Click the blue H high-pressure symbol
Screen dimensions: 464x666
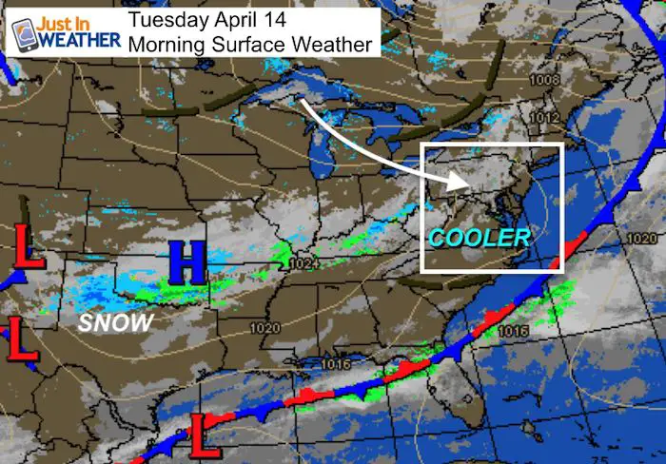pyautogui.click(x=188, y=262)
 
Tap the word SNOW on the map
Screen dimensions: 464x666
pyautogui.click(x=115, y=323)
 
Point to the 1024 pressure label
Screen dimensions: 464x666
pyautogui.click(x=302, y=263)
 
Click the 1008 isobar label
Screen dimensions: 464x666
pyautogui.click(x=545, y=80)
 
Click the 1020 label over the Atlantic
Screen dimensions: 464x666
pyautogui.click(x=644, y=236)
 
